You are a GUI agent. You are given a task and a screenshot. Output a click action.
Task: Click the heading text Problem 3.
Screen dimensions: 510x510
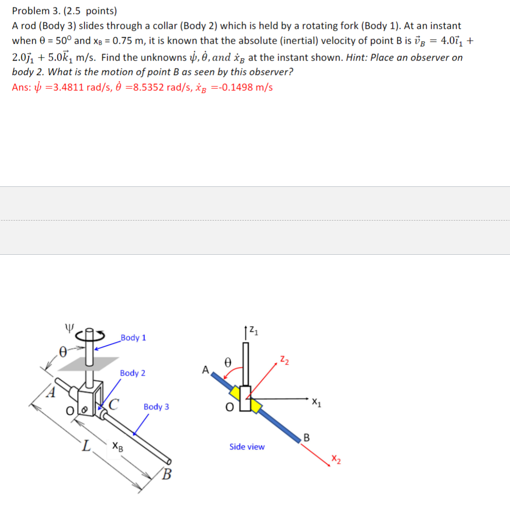[33, 10]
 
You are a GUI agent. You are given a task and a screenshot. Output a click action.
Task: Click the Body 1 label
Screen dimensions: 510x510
[133, 338]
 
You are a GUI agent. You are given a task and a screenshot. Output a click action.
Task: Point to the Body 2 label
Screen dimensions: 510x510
[133, 373]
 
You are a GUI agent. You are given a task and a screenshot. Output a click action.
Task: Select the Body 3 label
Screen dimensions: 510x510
[156, 406]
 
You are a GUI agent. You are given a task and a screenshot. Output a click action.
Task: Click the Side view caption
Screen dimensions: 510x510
[247, 447]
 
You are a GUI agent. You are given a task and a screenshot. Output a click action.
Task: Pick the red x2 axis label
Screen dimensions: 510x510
[337, 462]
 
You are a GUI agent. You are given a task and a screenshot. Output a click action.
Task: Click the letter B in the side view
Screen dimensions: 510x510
[306, 438]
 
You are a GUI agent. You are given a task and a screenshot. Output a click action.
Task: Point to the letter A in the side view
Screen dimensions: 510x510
[205, 369]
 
